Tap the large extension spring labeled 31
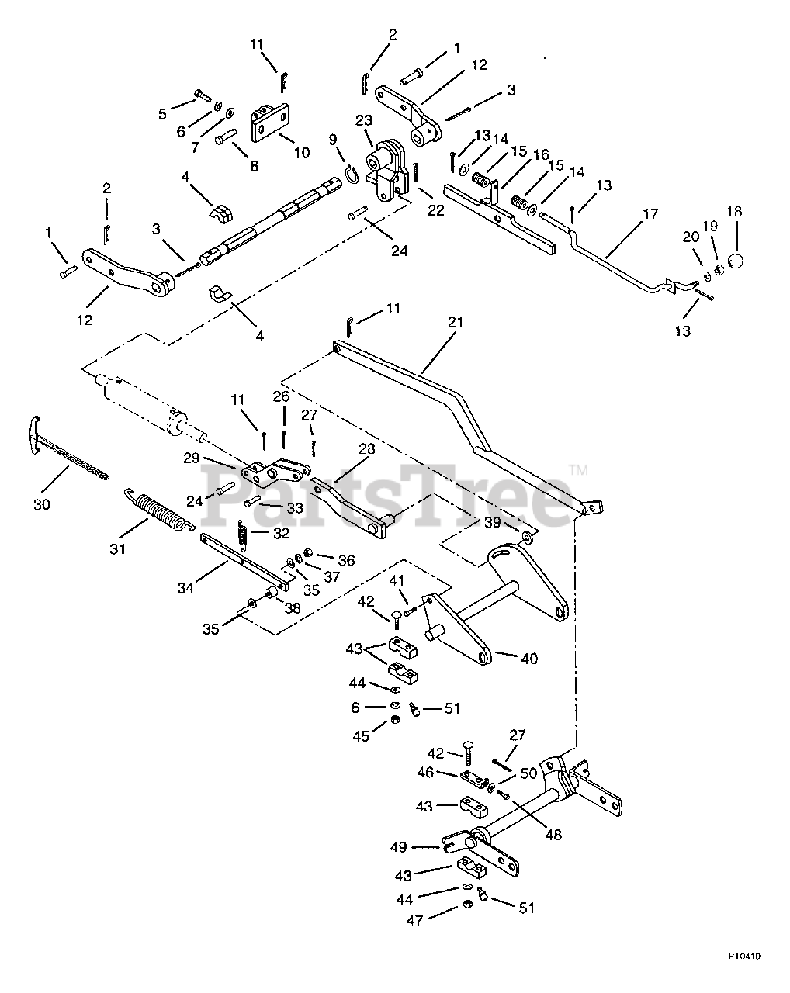pyautogui.click(x=159, y=510)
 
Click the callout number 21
pyautogui.click(x=455, y=323)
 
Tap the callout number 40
pyautogui.click(x=529, y=659)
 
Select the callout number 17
pyautogui.click(x=650, y=214)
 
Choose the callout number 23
pyautogui.click(x=363, y=120)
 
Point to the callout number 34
pyautogui.click(x=185, y=588)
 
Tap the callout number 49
pyautogui.click(x=398, y=848)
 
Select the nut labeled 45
pyautogui.click(x=395, y=719)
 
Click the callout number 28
pyautogui.click(x=366, y=448)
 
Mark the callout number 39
pyautogui.click(x=492, y=522)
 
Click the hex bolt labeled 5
pyautogui.click(x=203, y=95)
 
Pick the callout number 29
pyautogui.click(x=192, y=458)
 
